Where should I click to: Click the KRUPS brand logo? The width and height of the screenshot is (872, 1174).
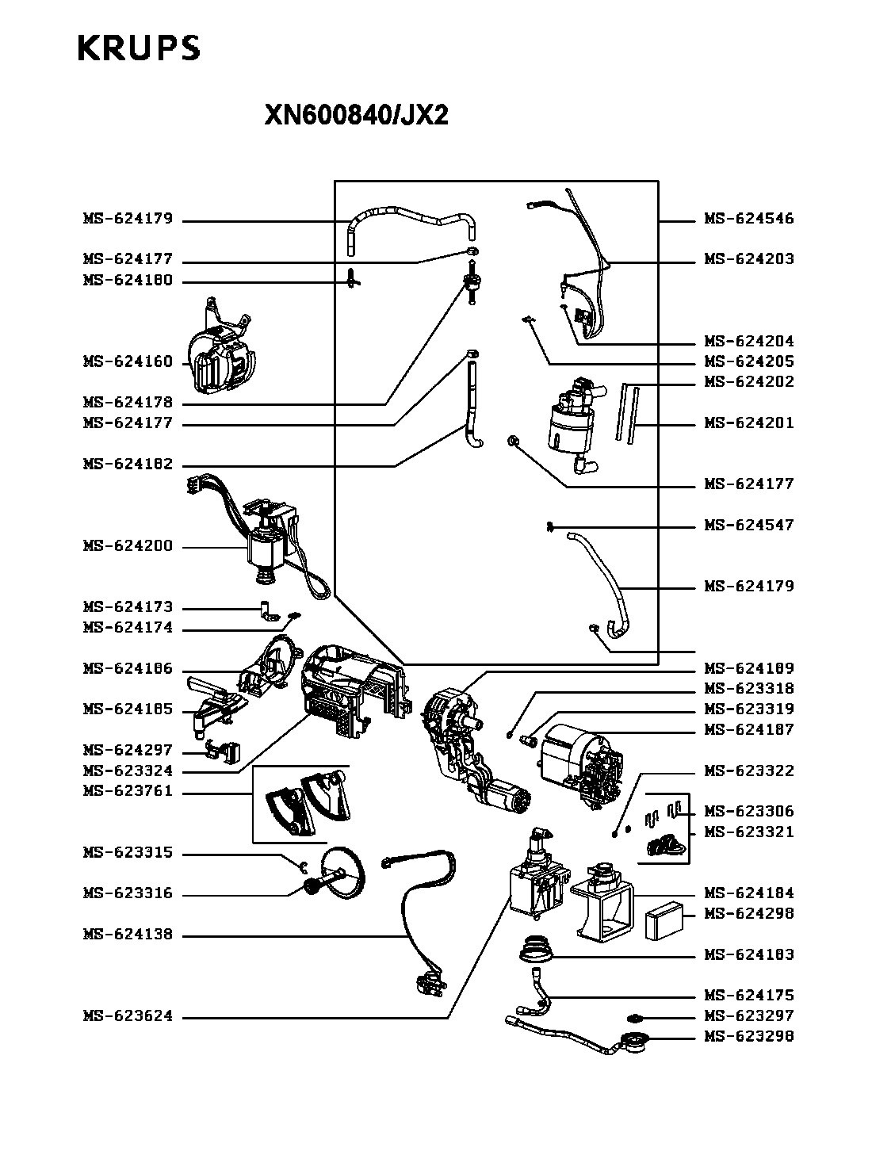(x=139, y=48)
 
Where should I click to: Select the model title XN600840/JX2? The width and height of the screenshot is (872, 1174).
(x=356, y=114)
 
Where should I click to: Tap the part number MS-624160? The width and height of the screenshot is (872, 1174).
(x=128, y=361)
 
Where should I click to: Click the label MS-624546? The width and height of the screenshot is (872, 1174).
(x=749, y=219)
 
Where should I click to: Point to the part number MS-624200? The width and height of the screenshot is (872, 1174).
(x=128, y=545)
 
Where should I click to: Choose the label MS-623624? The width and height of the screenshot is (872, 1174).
(x=128, y=1015)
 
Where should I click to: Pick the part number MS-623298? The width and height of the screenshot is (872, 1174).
(x=749, y=1036)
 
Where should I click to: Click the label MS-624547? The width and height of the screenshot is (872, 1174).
(x=749, y=525)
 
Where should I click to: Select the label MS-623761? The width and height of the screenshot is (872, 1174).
(x=128, y=791)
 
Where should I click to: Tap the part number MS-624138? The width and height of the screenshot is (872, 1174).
(x=128, y=935)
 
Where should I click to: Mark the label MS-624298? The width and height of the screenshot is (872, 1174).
(x=749, y=913)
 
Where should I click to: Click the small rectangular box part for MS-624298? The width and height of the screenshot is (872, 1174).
(x=664, y=920)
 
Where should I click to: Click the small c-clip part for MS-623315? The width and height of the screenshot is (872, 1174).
(x=303, y=866)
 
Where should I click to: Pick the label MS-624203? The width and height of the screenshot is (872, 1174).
(x=749, y=259)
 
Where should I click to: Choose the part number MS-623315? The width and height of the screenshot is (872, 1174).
(x=128, y=853)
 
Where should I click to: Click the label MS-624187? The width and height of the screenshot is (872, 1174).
(x=749, y=730)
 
